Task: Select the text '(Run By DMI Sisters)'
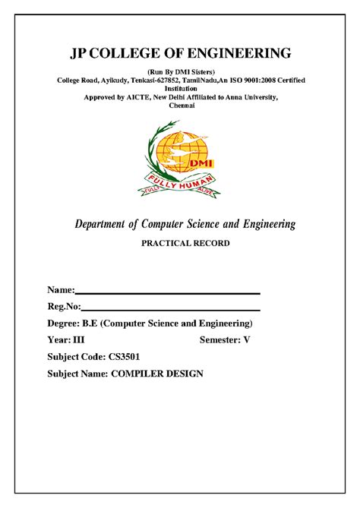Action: [x=181, y=71]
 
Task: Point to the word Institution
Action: [x=180, y=89]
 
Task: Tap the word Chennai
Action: [x=180, y=107]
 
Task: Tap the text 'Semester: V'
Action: [x=224, y=340]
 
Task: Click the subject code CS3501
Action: [x=123, y=357]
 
